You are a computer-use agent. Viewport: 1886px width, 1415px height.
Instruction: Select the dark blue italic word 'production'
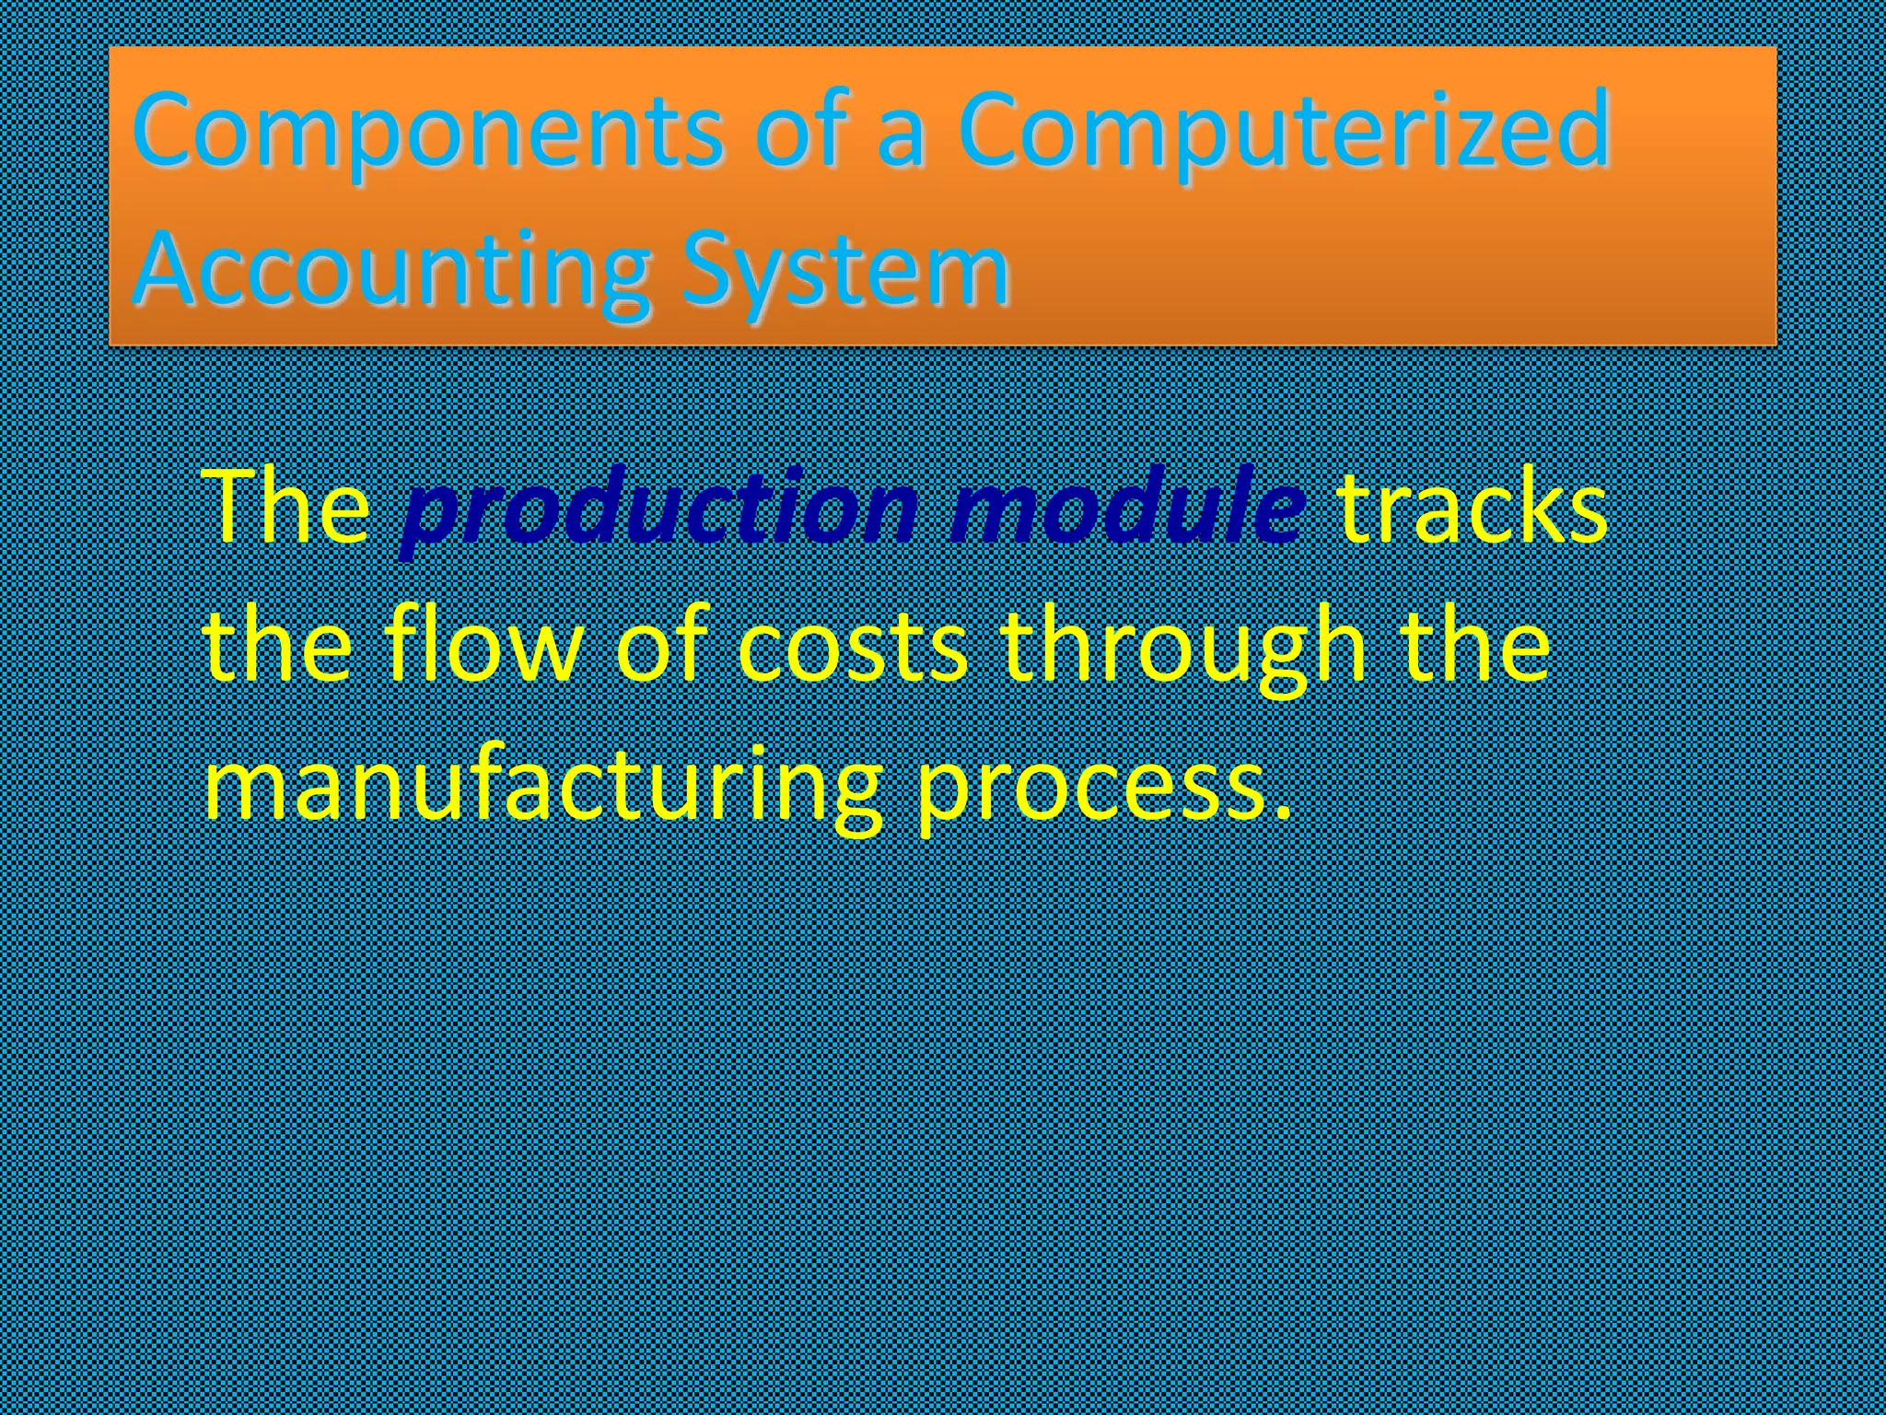coord(659,509)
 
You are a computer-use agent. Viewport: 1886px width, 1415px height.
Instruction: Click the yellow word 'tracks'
coord(1472,509)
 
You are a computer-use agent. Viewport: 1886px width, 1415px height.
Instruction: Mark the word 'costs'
coord(853,647)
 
